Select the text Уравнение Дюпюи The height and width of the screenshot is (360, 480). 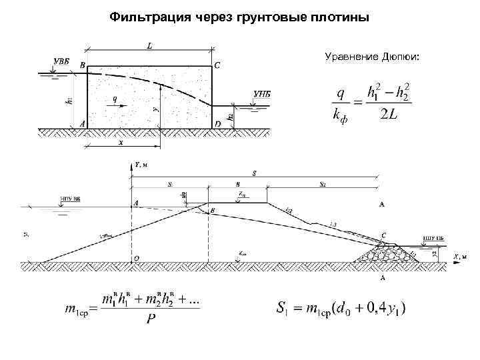click(x=372, y=57)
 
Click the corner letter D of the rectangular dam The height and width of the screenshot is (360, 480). click(x=218, y=124)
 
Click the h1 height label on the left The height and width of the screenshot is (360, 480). click(x=69, y=101)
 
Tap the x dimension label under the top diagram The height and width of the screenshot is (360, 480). click(x=121, y=142)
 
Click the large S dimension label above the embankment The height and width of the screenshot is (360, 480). click(x=254, y=173)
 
